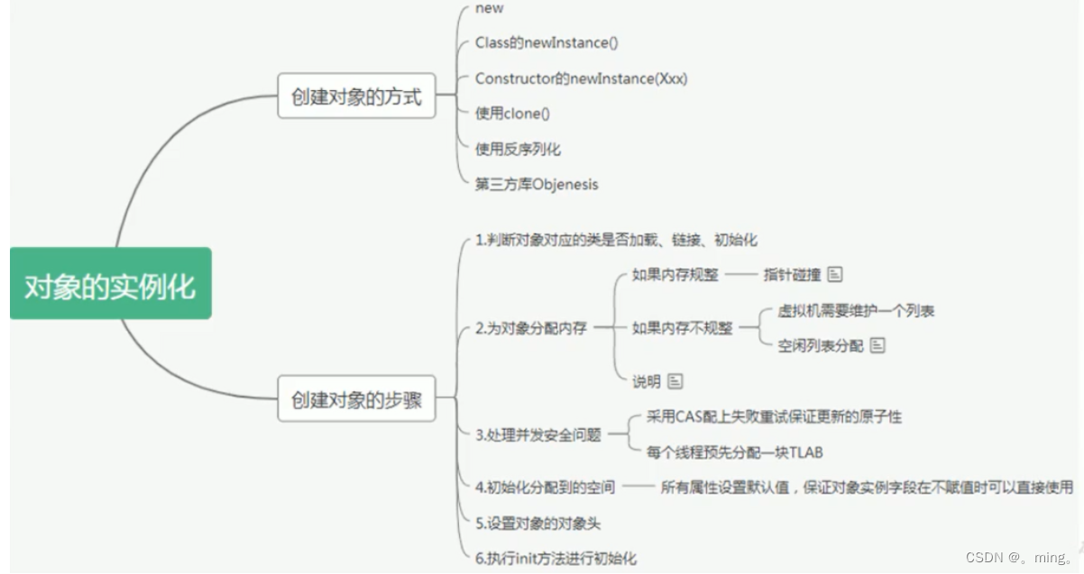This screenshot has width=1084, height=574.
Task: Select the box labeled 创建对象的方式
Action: pyautogui.click(x=356, y=96)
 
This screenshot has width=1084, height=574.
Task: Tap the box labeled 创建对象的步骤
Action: pyautogui.click(x=356, y=399)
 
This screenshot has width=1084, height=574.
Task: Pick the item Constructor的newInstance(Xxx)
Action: pyautogui.click(x=581, y=78)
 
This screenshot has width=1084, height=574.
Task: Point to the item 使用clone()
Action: pyautogui.click(x=512, y=114)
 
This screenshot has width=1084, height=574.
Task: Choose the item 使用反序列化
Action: pyautogui.click(x=519, y=149)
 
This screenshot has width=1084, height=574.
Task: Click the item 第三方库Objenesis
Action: pyautogui.click(x=537, y=184)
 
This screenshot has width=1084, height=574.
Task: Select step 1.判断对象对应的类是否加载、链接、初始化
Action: pyautogui.click(x=616, y=240)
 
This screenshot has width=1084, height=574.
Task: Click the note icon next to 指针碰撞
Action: pyautogui.click(x=835, y=274)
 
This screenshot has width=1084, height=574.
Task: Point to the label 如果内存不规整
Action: pyautogui.click(x=683, y=329)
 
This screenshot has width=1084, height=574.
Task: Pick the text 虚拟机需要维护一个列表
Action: pyautogui.click(x=856, y=311)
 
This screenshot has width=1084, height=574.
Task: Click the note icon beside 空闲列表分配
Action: pyautogui.click(x=877, y=346)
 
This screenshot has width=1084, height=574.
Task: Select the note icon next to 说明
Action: pyautogui.click(x=675, y=382)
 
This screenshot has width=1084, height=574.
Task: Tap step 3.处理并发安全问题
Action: pyautogui.click(x=537, y=435)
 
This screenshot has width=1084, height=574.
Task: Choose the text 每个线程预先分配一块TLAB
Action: pyautogui.click(x=735, y=452)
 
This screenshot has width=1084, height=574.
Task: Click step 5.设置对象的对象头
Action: pyautogui.click(x=537, y=523)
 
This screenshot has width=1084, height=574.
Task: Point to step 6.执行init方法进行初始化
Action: pyautogui.click(x=556, y=558)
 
